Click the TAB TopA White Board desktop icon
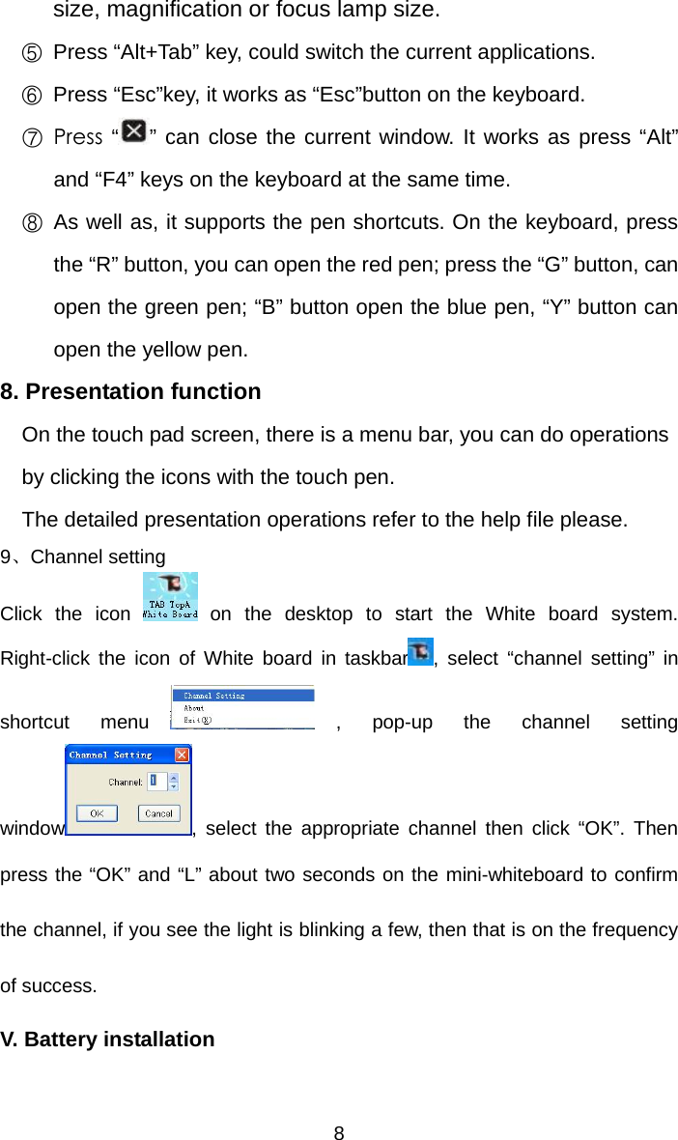click(170, 596)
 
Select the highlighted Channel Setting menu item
click(214, 695)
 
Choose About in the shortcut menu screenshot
click(194, 707)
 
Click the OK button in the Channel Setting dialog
click(97, 813)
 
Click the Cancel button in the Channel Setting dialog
click(158, 813)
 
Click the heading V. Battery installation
click(107, 1040)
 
